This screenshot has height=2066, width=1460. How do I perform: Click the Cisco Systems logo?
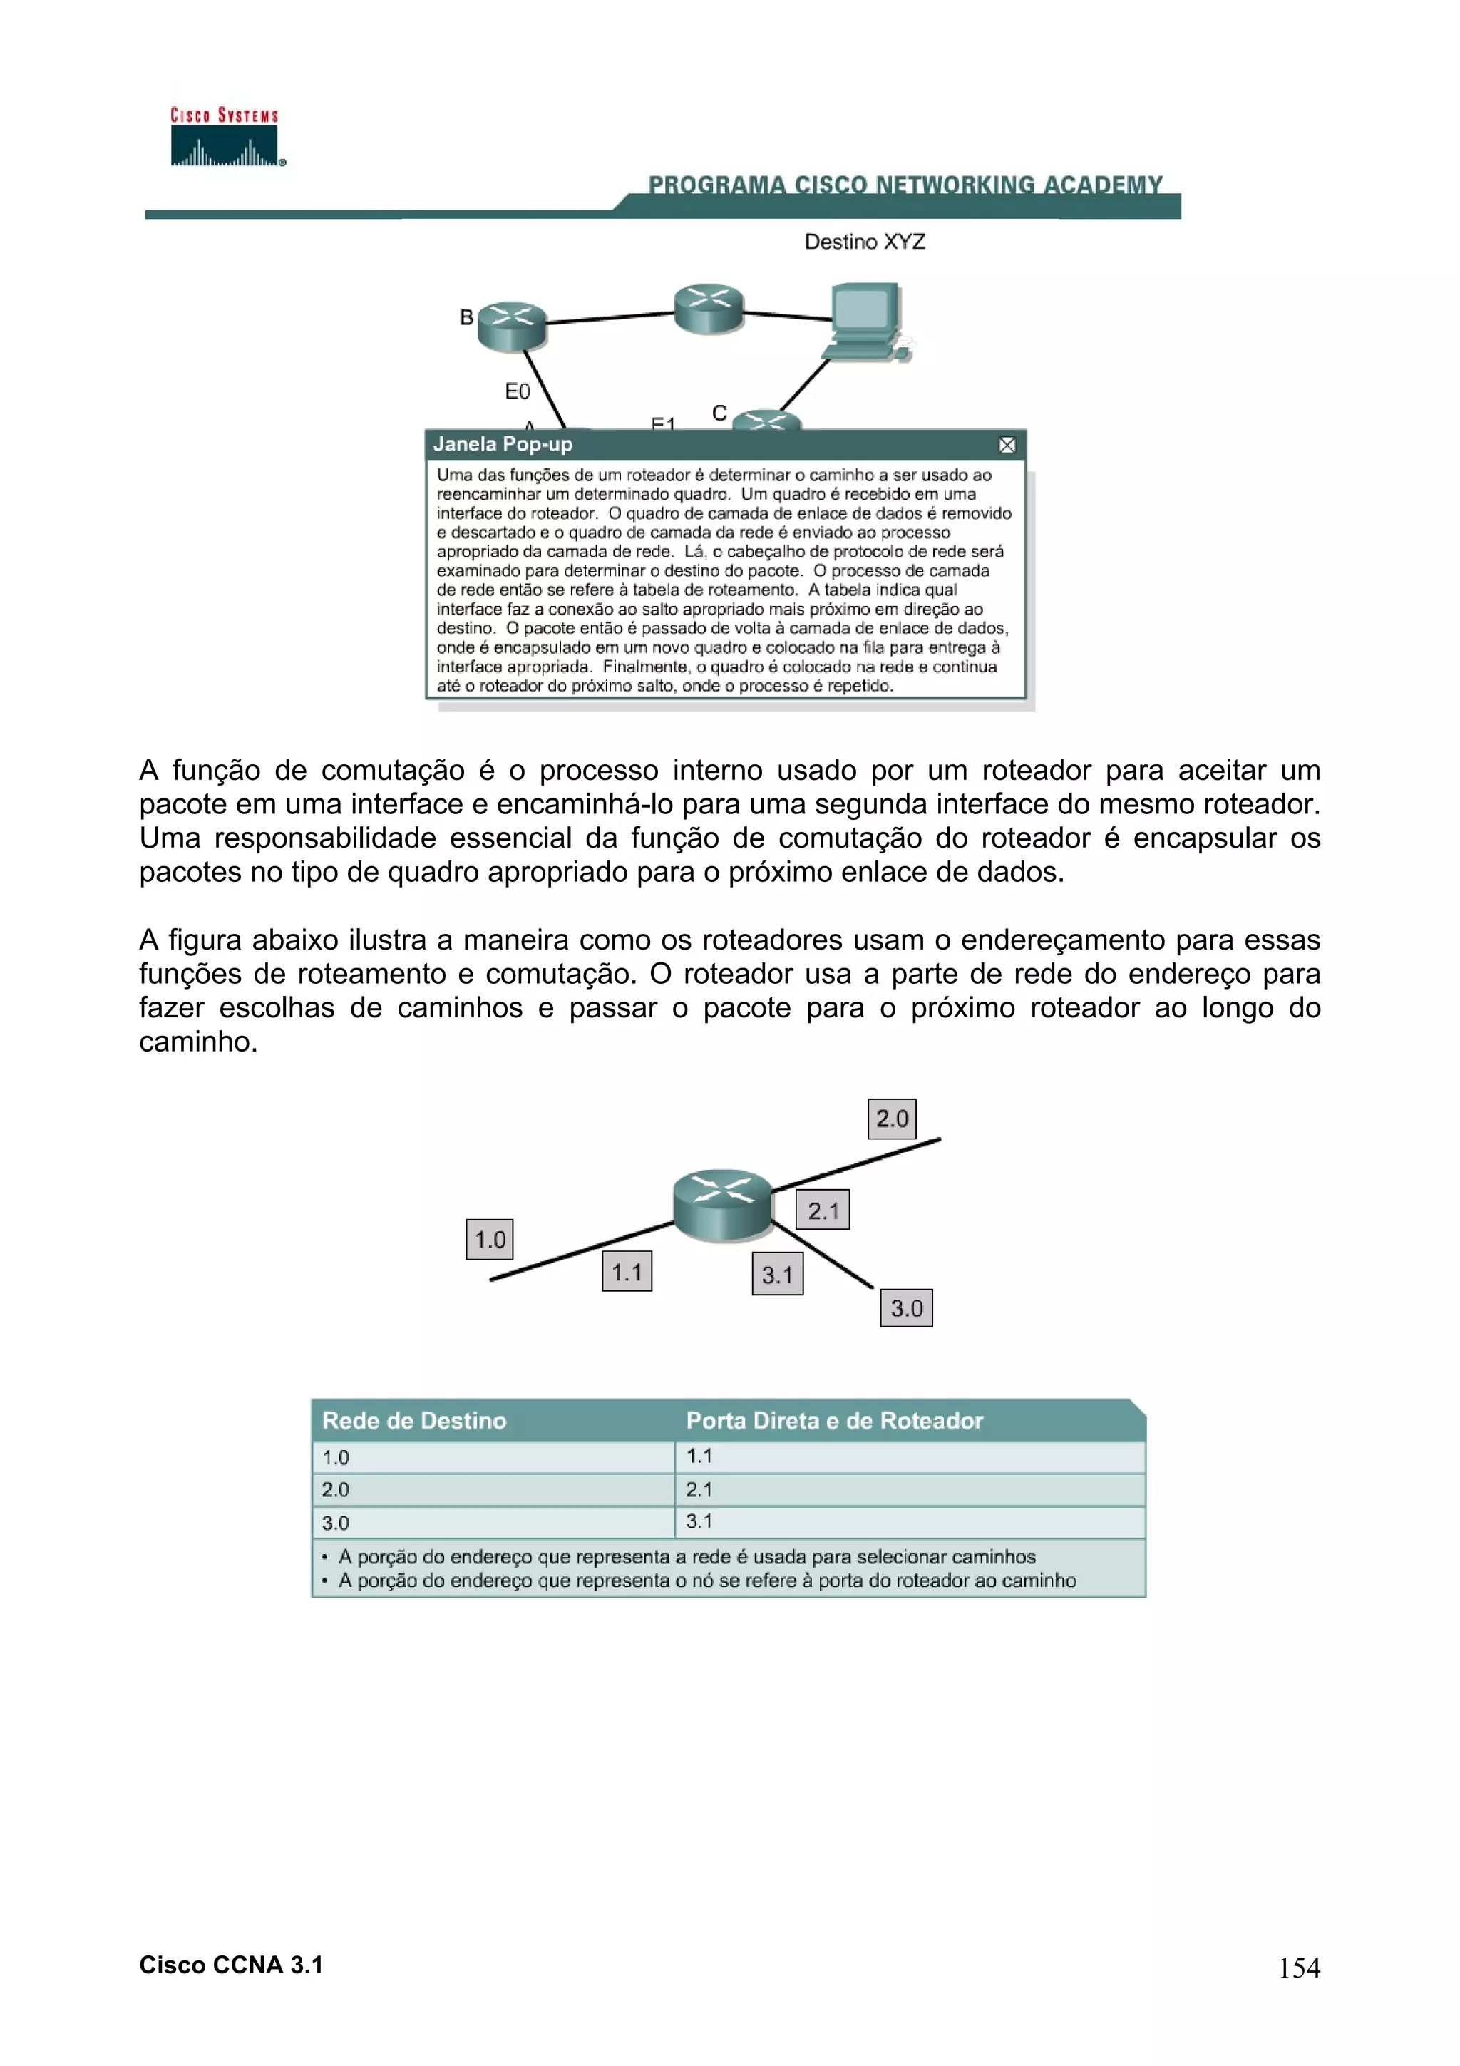tap(225, 138)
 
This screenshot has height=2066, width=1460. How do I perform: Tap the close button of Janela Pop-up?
tap(1007, 445)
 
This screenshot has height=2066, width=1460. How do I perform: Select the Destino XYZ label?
tap(865, 242)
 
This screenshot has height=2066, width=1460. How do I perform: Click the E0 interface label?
tap(518, 391)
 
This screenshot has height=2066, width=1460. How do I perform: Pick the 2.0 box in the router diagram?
tap(892, 1119)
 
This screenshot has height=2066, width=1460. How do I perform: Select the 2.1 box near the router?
tap(822, 1211)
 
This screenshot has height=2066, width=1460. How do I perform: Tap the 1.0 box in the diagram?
tap(489, 1239)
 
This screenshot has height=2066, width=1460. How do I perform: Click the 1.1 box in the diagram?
tap(627, 1271)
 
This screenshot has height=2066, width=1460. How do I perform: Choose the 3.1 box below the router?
tap(777, 1274)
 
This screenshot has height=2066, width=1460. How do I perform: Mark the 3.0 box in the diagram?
tap(906, 1307)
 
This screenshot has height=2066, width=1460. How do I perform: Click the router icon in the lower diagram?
tap(722, 1205)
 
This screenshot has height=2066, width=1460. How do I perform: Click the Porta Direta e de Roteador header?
tap(834, 1421)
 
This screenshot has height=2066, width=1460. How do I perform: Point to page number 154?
tap(1299, 1968)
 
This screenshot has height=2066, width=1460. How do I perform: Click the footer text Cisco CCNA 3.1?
tap(231, 1965)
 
